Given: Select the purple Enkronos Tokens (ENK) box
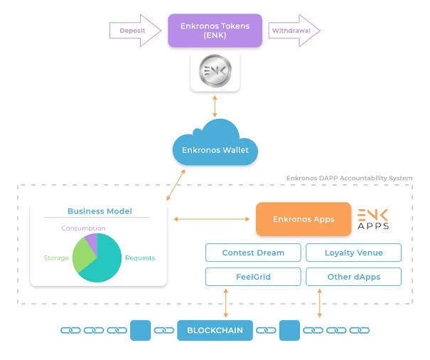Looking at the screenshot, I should [x=215, y=31].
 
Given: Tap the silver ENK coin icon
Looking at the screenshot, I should [x=215, y=72].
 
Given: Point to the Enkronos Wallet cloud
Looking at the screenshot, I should [x=215, y=145].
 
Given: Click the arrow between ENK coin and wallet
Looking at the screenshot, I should [x=215, y=105].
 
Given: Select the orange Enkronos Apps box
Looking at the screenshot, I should [x=303, y=219].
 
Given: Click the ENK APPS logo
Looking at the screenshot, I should [x=372, y=219].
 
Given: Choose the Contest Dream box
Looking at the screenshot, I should [x=253, y=253].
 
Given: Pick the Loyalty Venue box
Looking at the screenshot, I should [x=353, y=253].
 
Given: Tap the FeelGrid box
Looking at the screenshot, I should [x=253, y=277].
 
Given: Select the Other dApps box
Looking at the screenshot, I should [x=353, y=277].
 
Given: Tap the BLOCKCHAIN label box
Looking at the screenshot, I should [x=215, y=330].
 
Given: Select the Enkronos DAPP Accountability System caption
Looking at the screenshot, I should [x=349, y=178].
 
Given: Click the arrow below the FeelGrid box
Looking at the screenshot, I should [x=225, y=303].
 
